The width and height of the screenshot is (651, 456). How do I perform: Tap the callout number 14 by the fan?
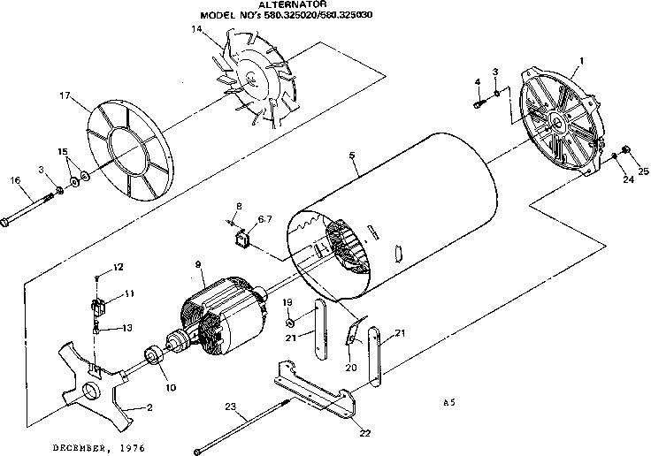[x=197, y=30]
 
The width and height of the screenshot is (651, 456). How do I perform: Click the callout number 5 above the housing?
[x=352, y=156]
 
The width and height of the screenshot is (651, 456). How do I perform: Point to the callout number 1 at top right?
[x=580, y=60]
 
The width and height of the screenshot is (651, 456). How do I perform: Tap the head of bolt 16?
[x=7, y=222]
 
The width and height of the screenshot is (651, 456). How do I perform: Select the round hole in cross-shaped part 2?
[x=89, y=391]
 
